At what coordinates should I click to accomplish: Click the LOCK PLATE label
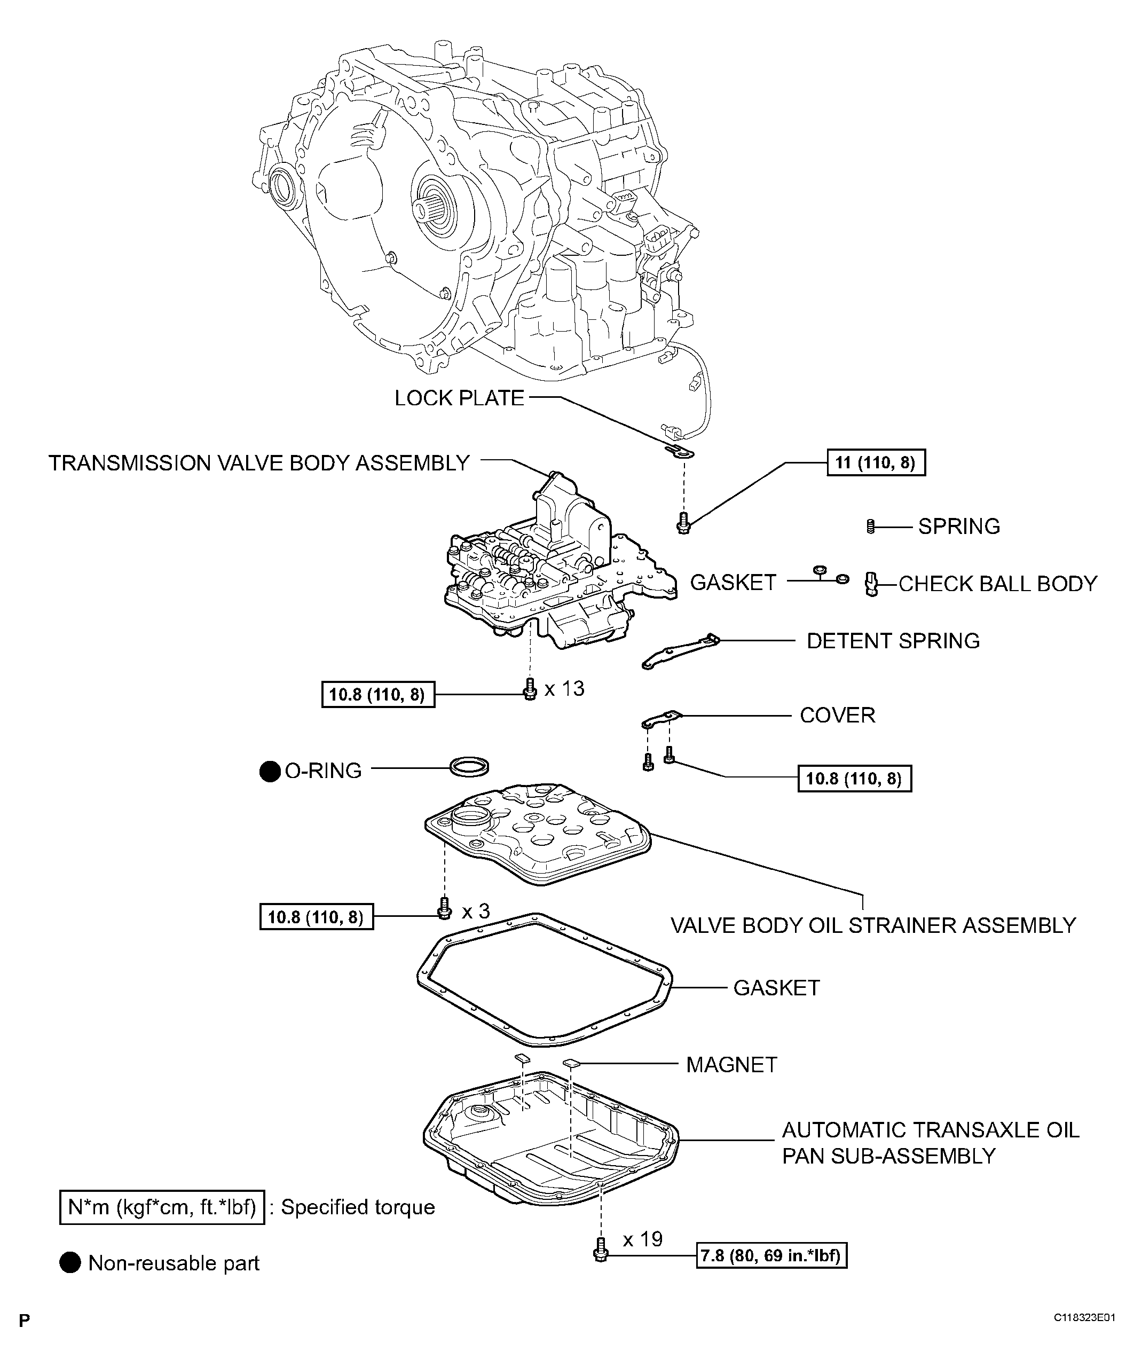pyautogui.click(x=459, y=398)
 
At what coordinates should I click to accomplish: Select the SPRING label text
pyautogui.click(x=958, y=526)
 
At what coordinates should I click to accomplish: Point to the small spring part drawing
pyautogui.click(x=870, y=526)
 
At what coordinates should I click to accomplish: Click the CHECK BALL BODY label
pyautogui.click(x=997, y=584)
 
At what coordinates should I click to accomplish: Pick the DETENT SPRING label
pyautogui.click(x=893, y=641)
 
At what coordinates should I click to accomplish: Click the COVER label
pyautogui.click(x=837, y=716)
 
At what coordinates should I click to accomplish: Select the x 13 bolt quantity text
pyautogui.click(x=564, y=689)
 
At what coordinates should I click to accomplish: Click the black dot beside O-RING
pyautogui.click(x=270, y=772)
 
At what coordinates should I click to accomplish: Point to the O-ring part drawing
pyautogui.click(x=469, y=766)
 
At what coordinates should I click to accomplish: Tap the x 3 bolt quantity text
pyautogui.click(x=475, y=912)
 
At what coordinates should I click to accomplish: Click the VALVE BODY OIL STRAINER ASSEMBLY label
pyautogui.click(x=873, y=925)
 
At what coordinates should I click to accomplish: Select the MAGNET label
pyautogui.click(x=731, y=1065)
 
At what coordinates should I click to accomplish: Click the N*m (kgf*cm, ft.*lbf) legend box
pyautogui.click(x=162, y=1207)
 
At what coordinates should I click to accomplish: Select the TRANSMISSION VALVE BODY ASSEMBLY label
pyautogui.click(x=258, y=463)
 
